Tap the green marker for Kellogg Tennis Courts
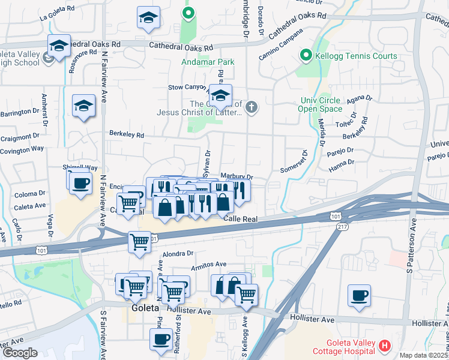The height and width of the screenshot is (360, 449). pos(306,56)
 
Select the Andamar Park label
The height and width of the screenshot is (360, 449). pos(208,62)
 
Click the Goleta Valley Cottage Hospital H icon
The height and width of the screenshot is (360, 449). pos(385,346)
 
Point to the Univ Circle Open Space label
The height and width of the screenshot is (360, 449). pos(319,104)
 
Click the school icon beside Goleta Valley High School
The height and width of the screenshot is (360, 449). pos(59,46)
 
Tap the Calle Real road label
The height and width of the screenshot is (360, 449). pos(240,220)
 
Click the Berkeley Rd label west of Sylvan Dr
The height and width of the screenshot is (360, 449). pos(126,135)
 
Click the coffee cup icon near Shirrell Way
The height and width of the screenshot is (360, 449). pos(80,184)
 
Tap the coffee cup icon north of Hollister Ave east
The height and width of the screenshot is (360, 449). pos(359,296)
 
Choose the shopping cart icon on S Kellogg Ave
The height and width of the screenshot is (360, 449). pos(246,295)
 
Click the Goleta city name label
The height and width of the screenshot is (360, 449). pos(145,308)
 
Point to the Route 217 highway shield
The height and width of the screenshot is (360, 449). pos(343,226)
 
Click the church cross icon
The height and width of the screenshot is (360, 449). pos(252,108)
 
